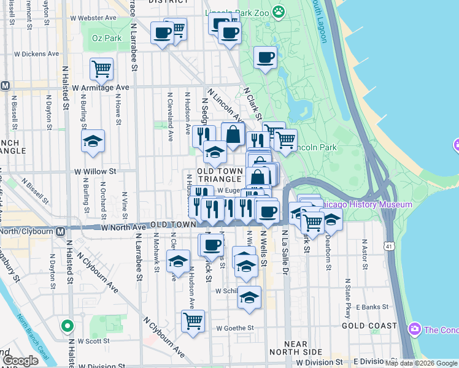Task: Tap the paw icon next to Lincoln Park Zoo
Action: click(279, 10)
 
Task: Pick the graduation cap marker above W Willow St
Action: click(93, 142)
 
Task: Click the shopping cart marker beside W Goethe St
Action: click(193, 321)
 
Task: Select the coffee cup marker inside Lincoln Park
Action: click(265, 58)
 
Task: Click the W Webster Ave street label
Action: click(93, 18)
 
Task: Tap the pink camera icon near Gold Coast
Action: click(415, 330)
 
